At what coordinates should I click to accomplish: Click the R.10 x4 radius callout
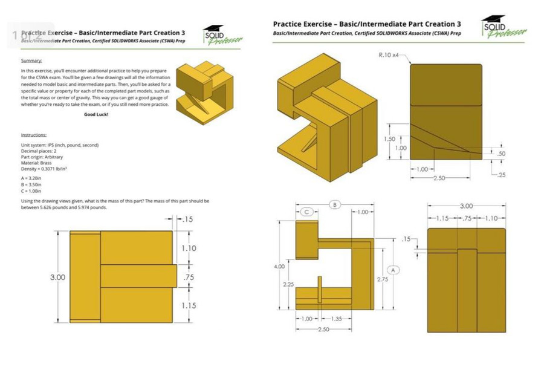[x=388, y=55]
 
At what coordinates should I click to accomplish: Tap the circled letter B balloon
[x=334, y=205]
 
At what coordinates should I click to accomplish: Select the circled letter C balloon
[x=307, y=212]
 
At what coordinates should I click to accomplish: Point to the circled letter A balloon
[x=393, y=270]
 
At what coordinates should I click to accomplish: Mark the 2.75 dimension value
[x=383, y=279]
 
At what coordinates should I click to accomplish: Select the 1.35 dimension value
[x=336, y=319]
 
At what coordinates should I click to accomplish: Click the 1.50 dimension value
[x=390, y=139]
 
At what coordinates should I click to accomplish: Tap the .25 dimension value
[x=502, y=175]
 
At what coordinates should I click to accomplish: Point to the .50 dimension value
[x=501, y=154]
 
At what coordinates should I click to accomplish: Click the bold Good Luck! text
[x=96, y=114]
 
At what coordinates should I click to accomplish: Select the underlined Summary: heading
[x=31, y=60]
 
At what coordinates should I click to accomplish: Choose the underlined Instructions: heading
[x=34, y=135]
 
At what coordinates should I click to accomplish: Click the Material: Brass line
[x=36, y=163]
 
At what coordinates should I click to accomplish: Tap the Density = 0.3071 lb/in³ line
[x=44, y=169]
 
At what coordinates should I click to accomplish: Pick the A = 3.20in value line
[x=31, y=178]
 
